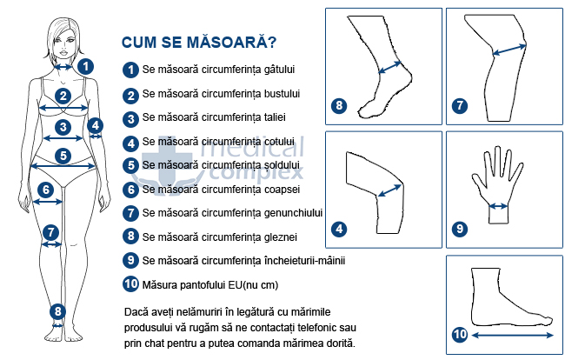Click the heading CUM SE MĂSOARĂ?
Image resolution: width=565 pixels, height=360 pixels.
click(199, 42)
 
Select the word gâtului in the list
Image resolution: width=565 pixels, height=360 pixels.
click(279, 70)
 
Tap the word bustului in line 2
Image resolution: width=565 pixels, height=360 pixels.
click(282, 93)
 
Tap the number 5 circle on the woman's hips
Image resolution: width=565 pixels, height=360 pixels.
click(63, 156)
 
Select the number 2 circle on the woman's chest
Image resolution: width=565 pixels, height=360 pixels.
click(63, 96)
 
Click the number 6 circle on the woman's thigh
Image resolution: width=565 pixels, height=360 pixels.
click(46, 190)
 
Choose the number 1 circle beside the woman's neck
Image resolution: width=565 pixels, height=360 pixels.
click(85, 67)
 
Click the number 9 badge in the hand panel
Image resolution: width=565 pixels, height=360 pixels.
click(460, 229)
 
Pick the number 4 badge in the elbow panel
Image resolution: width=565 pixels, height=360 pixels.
click(339, 229)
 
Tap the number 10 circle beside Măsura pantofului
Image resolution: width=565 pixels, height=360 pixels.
click(130, 284)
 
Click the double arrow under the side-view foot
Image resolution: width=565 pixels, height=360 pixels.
click(512, 336)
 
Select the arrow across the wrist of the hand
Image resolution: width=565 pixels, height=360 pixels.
click(499, 206)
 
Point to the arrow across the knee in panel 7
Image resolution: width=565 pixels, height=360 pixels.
click(509, 50)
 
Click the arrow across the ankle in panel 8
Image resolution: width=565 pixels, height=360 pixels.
click(390, 67)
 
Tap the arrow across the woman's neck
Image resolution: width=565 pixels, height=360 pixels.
click(63, 67)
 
